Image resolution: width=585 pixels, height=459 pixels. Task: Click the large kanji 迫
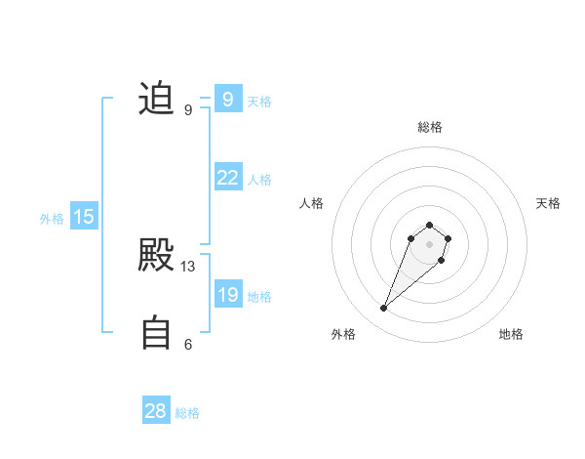tap(156, 99)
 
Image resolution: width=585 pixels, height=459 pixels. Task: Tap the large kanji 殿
tap(156, 255)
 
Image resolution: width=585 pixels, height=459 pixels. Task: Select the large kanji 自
tap(156, 332)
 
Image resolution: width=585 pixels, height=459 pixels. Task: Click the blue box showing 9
tap(227, 99)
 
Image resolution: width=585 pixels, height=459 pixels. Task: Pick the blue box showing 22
tap(227, 178)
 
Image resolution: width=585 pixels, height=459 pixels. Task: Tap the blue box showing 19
tap(227, 295)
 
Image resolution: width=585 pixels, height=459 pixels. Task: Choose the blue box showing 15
tap(84, 217)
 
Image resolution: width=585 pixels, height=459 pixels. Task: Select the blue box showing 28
tap(156, 411)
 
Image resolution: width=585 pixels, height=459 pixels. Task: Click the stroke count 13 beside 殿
tap(188, 267)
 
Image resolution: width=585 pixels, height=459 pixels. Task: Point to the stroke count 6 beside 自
tap(188, 344)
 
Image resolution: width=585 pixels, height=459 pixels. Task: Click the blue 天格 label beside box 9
tap(259, 102)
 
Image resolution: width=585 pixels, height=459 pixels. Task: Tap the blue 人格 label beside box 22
tap(259, 180)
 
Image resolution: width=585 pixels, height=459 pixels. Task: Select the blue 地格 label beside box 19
tap(259, 297)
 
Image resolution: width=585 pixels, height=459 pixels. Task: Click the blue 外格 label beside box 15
tap(52, 219)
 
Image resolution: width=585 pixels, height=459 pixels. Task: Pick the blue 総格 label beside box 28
tap(187, 413)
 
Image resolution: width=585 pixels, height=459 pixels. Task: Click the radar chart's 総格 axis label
tap(430, 127)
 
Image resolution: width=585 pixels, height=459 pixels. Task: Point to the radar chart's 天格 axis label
tap(548, 203)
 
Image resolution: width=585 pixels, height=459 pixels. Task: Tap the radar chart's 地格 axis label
tap(511, 334)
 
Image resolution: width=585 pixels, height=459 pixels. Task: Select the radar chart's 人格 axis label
tap(312, 203)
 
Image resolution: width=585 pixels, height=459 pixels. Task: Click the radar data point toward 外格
tap(384, 309)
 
